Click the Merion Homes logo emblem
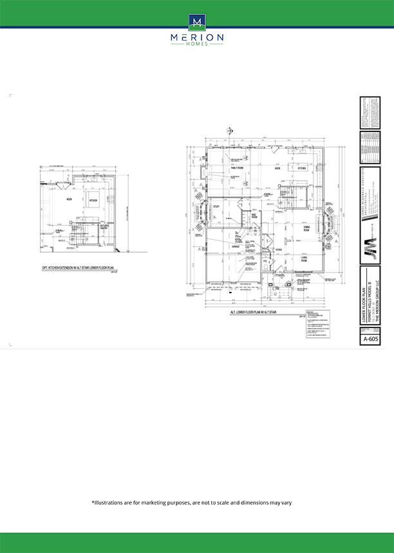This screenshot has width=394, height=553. pyautogui.click(x=197, y=22)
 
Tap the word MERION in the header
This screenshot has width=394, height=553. pyautogui.click(x=197, y=38)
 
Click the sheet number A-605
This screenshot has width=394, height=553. pyautogui.click(x=370, y=338)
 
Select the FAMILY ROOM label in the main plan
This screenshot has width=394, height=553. pyautogui.click(x=235, y=168)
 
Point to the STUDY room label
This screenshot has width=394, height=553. pyautogui.click(x=216, y=207)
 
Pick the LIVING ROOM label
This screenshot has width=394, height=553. pyautogui.click(x=303, y=259)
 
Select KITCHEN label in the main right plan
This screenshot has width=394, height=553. pyautogui.click(x=301, y=168)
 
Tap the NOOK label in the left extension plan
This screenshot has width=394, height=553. pyautogui.click(x=69, y=200)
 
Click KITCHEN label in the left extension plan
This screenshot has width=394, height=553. pyautogui.click(x=93, y=200)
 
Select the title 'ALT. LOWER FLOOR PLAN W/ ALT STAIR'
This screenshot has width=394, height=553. pyautogui.click(x=262, y=312)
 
